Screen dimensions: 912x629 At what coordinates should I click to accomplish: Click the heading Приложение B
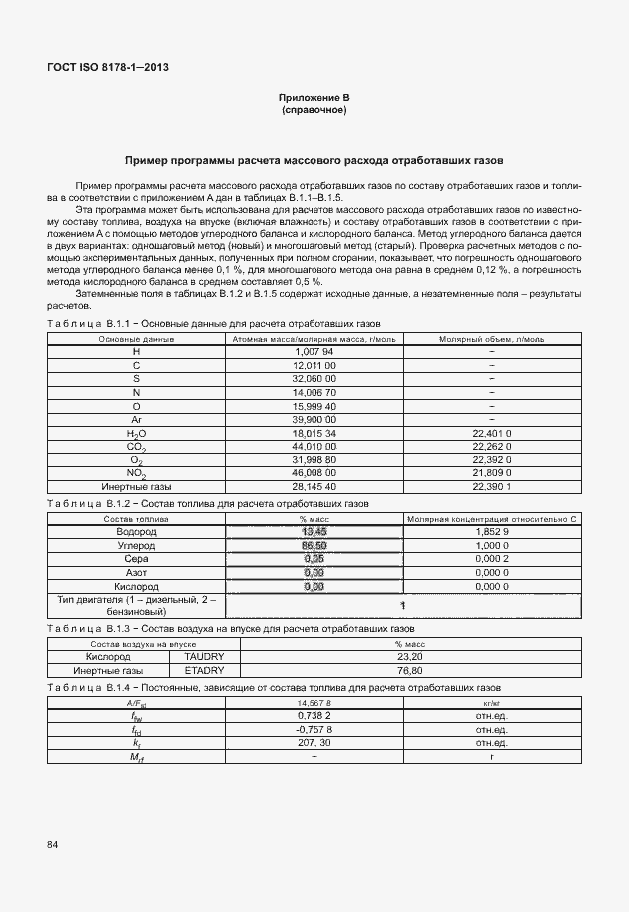(x=314, y=97)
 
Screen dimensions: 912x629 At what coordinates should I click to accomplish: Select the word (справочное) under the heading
(x=314, y=109)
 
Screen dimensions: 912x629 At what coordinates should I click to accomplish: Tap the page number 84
(x=52, y=845)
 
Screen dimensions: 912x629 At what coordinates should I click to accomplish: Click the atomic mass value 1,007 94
(x=314, y=352)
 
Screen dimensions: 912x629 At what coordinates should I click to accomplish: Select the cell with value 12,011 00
(x=314, y=366)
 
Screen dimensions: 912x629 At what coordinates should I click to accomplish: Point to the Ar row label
(x=136, y=420)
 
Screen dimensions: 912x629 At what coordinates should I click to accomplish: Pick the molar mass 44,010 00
(x=314, y=446)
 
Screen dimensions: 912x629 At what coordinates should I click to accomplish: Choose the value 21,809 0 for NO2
(x=492, y=472)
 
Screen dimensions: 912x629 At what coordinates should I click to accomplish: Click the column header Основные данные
(x=136, y=339)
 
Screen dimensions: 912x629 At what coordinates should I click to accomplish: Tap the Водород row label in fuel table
(x=136, y=532)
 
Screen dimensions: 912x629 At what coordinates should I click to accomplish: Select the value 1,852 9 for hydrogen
(x=492, y=532)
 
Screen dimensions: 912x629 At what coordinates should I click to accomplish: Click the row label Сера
(x=136, y=559)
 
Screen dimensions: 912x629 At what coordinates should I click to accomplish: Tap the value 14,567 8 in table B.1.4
(x=314, y=703)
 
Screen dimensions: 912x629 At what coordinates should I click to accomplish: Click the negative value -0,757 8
(x=314, y=729)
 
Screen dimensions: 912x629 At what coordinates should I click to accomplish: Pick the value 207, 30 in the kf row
(x=314, y=743)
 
